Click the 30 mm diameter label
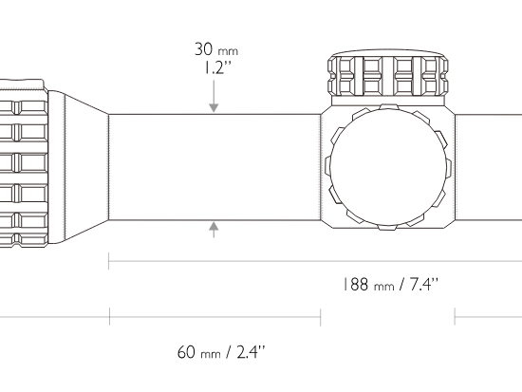pyautogui.click(x=216, y=49)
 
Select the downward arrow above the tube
pyautogui.click(x=214, y=96)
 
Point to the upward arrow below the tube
pyautogui.click(x=214, y=230)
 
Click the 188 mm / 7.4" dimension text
pyautogui.click(x=391, y=285)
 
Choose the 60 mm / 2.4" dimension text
pyautogui.click(x=221, y=352)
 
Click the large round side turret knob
pyautogui.click(x=388, y=167)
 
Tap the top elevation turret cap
pyautogui.click(x=388, y=73)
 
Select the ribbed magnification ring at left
pyautogui.click(x=24, y=163)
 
